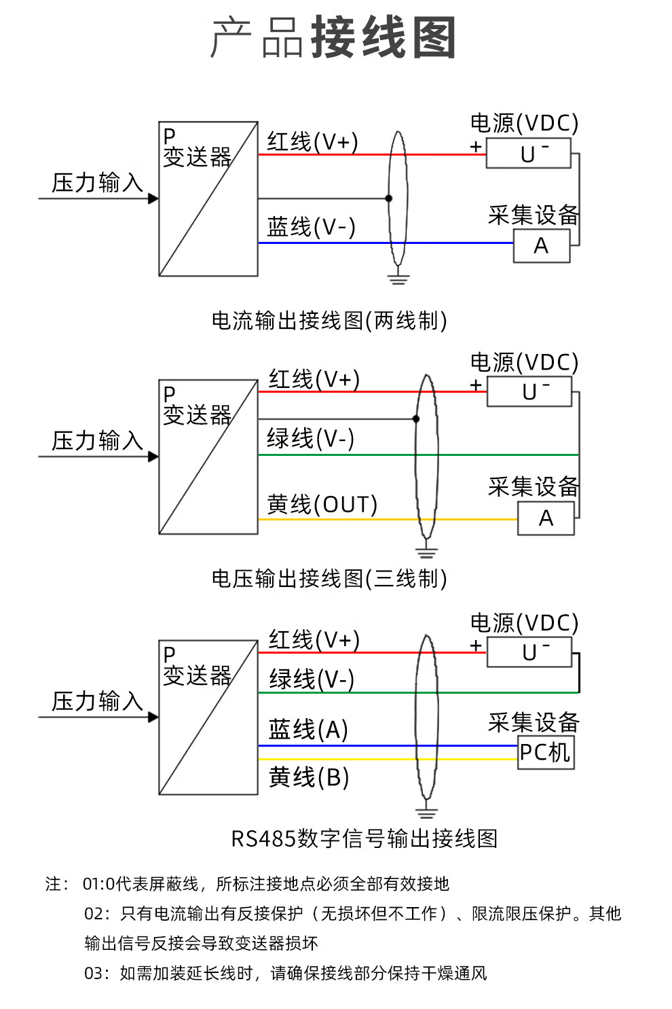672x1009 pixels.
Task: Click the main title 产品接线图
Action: click(x=333, y=37)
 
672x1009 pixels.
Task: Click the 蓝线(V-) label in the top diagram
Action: click(x=311, y=227)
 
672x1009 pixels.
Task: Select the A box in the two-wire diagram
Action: click(x=541, y=245)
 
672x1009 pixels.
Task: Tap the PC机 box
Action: click(x=545, y=752)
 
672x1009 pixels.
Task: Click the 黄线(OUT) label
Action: click(x=322, y=504)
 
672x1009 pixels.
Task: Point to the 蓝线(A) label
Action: click(x=308, y=729)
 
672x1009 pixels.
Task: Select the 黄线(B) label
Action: click(x=309, y=777)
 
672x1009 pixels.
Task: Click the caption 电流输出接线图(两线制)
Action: click(x=329, y=320)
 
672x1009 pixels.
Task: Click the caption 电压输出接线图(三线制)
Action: click(x=329, y=578)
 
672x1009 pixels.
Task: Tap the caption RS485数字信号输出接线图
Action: click(x=365, y=838)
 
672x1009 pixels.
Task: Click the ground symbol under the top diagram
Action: click(x=398, y=278)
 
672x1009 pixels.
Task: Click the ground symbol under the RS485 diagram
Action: click(x=426, y=811)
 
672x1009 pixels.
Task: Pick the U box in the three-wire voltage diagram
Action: click(x=529, y=392)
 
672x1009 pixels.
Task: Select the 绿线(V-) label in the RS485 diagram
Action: click(x=312, y=679)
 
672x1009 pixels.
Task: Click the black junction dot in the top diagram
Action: click(x=388, y=198)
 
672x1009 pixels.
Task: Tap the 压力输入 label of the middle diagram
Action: click(x=97, y=440)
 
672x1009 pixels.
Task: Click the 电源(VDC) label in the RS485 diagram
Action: click(x=524, y=622)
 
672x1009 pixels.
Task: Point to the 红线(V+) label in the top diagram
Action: click(x=312, y=142)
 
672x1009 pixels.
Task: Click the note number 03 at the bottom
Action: click(x=94, y=973)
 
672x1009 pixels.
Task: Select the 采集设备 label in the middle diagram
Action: click(x=533, y=486)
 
